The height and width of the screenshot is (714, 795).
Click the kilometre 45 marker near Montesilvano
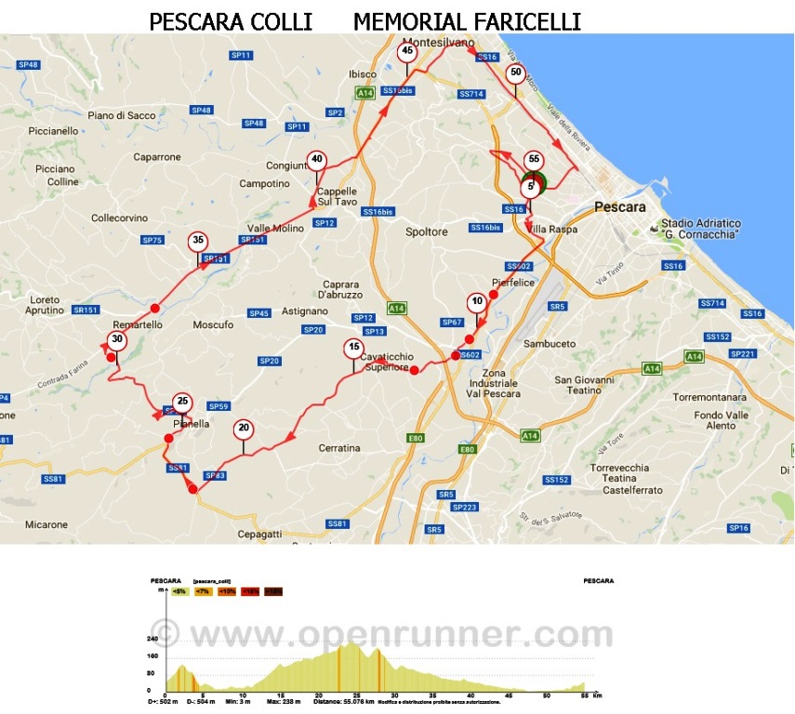tap(406, 53)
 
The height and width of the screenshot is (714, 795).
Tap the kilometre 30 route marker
tap(116, 340)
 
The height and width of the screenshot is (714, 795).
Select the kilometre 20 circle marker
tap(244, 429)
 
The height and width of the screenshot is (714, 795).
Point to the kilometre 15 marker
tap(352, 349)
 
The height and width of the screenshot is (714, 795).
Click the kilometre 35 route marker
tap(197, 240)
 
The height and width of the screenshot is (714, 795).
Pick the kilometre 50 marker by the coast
tap(516, 73)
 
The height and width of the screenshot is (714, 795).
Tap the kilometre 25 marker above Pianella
tap(183, 402)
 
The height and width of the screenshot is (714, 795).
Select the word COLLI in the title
tap(281, 20)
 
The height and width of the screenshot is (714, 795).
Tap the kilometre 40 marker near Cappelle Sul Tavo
tap(317, 159)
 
